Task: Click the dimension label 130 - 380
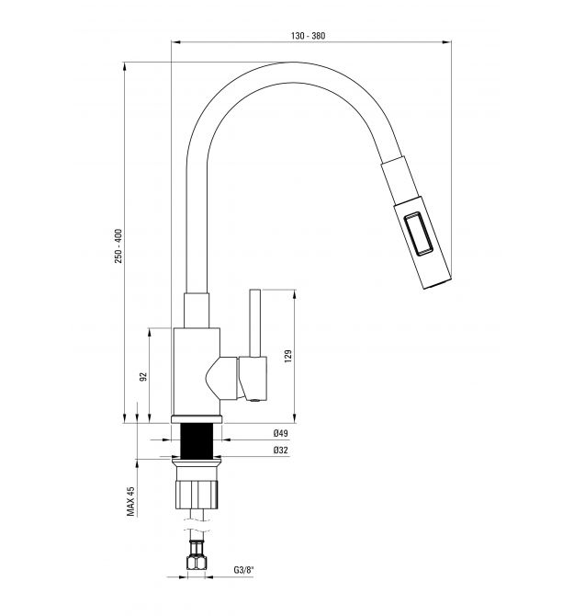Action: pos(308,36)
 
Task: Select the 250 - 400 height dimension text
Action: pos(118,245)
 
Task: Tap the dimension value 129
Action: pos(288,356)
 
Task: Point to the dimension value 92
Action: pos(143,376)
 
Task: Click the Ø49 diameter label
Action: pos(280,433)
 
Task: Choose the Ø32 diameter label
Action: pos(280,451)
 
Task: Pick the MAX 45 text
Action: pos(130,501)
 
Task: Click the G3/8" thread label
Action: pos(244,570)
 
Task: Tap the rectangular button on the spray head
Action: pos(419,234)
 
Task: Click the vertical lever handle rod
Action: pos(255,324)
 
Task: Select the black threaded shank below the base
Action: pos(197,440)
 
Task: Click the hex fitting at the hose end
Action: pos(197,561)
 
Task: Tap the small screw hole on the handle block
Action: pos(254,401)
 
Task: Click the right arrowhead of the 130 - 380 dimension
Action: pos(447,42)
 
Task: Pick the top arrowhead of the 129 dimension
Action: pos(294,294)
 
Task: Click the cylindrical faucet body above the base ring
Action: pos(197,371)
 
